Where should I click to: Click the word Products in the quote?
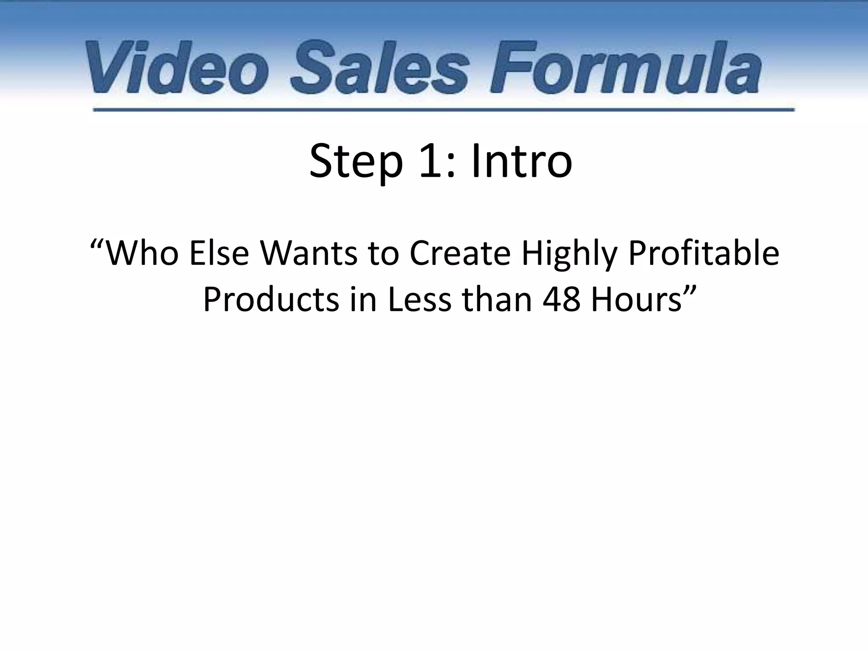click(271, 300)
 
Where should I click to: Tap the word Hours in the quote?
click(636, 300)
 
